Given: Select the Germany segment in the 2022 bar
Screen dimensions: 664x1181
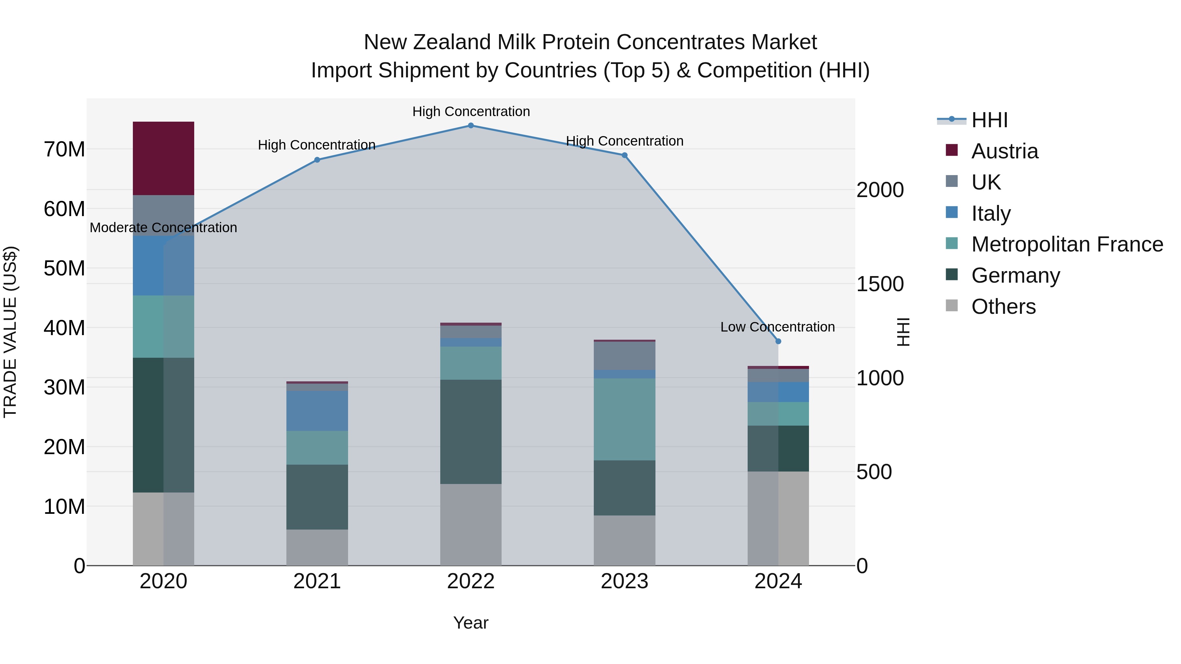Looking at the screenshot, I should point(470,431).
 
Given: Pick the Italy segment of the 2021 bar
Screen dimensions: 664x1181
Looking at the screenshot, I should point(317,411).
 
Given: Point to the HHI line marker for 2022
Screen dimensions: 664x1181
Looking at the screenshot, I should point(470,125).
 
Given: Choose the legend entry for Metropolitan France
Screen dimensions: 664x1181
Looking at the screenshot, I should point(1067,244).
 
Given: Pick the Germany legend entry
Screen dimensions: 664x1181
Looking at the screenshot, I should point(1015,275).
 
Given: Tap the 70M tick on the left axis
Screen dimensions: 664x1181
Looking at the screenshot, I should point(64,150).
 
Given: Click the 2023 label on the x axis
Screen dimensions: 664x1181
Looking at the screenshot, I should point(624,581).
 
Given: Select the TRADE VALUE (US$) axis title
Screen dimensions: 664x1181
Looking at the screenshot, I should point(10,332).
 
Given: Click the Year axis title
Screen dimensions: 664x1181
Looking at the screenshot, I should point(470,623).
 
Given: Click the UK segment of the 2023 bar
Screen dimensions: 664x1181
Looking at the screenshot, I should point(624,355).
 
